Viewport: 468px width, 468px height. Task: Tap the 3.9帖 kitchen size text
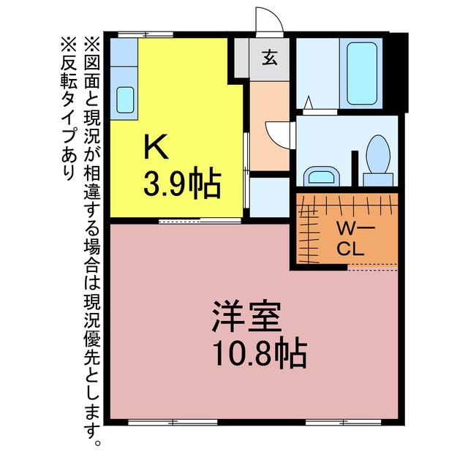[x=182, y=182]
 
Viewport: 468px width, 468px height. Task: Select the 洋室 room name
[x=246, y=317]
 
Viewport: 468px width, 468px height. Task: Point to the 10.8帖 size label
[x=260, y=354]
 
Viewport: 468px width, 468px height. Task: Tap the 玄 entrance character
[x=270, y=58]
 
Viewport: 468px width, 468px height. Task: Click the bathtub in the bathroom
[x=362, y=73]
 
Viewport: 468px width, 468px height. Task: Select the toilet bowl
[x=378, y=154]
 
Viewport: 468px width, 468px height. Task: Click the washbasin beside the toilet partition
[x=322, y=176]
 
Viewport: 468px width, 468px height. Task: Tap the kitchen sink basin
[x=125, y=100]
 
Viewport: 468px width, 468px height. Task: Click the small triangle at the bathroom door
[x=309, y=102]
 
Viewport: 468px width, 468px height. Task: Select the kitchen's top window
[x=146, y=34]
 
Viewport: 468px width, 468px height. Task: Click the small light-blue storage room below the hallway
[x=270, y=197]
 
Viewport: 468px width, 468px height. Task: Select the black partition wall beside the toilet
[x=355, y=168]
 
